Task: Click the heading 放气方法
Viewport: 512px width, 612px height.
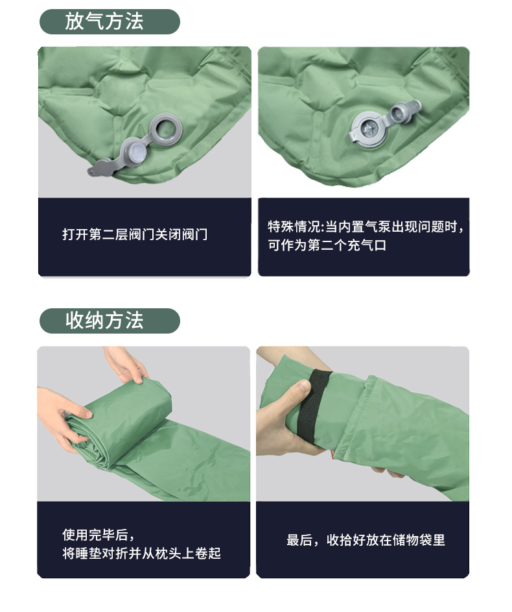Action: pos(104,21)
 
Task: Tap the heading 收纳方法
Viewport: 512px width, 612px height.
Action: pos(104,321)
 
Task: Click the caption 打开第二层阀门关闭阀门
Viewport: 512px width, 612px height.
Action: pos(135,234)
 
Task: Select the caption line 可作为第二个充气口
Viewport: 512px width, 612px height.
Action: pos(327,245)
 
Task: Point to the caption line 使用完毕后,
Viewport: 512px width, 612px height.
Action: pos(99,535)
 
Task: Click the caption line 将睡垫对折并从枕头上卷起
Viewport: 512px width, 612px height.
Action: pos(142,553)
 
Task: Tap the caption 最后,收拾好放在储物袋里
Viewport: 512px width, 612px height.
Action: pos(366,540)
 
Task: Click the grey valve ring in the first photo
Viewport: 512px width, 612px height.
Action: pos(167,129)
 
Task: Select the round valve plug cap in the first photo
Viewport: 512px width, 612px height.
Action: pos(137,153)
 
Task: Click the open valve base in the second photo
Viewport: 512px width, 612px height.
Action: pos(368,130)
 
